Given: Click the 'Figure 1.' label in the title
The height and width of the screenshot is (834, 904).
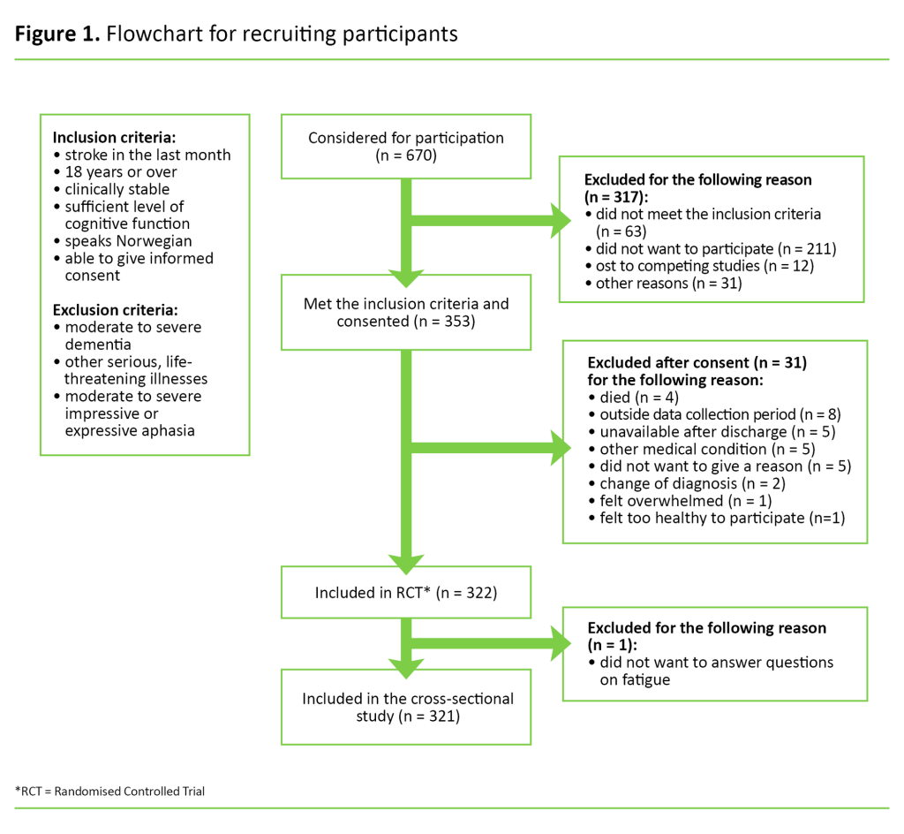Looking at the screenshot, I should (x=56, y=34).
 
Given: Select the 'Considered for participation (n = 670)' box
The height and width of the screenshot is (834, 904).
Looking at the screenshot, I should (x=405, y=147).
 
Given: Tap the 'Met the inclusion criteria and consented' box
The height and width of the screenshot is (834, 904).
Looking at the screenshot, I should (x=405, y=313).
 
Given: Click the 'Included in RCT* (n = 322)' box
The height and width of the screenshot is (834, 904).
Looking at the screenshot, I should (x=405, y=592).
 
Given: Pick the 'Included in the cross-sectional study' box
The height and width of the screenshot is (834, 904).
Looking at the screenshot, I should (x=405, y=707).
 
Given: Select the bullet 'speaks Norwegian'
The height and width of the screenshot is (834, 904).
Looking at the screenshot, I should (x=128, y=241).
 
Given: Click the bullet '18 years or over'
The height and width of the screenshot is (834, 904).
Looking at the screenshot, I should (x=120, y=172).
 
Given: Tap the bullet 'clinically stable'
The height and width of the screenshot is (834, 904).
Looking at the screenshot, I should (x=117, y=189).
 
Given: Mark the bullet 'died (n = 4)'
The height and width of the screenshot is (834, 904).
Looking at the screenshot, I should (x=631, y=398).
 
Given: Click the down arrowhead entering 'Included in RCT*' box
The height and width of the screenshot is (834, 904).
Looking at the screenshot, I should (x=405, y=563).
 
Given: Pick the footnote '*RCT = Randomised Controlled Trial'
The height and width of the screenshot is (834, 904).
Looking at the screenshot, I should (x=110, y=791).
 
